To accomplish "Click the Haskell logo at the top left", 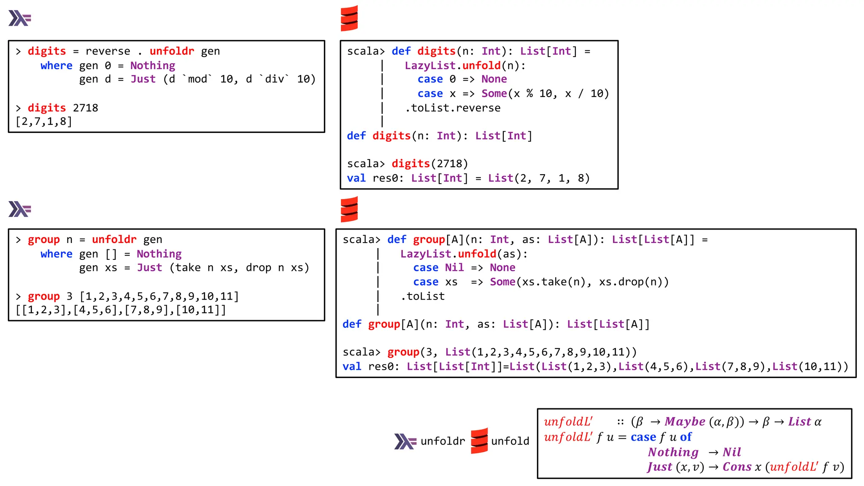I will [19, 19].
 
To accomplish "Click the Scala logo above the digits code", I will [349, 19].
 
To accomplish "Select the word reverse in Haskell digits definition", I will [108, 51].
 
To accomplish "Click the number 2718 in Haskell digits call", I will [85, 108].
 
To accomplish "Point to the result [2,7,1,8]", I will [44, 122].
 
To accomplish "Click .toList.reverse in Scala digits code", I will [453, 108].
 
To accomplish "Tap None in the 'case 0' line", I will [494, 79].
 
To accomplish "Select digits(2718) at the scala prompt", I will [429, 164].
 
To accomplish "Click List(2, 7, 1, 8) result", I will [539, 178].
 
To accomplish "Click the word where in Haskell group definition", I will [57, 254].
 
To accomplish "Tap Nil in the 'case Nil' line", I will [454, 268].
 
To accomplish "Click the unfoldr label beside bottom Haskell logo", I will [443, 441].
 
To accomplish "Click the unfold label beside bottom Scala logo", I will [510, 441].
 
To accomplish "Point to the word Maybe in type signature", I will [685, 422].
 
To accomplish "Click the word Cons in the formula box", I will [737, 467].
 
